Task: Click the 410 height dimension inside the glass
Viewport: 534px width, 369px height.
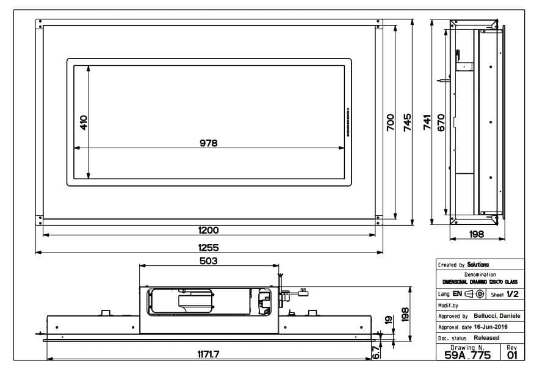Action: click(84, 122)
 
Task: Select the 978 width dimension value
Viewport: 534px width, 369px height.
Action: click(208, 143)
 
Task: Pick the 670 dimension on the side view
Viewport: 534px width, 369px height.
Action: click(441, 122)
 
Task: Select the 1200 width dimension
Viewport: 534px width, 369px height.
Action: click(208, 230)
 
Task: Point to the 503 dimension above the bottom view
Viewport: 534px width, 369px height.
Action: click(208, 260)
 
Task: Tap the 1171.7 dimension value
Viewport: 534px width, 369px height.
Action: click(208, 354)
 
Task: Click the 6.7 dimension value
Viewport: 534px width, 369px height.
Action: click(377, 352)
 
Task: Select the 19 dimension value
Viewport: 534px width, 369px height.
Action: click(388, 320)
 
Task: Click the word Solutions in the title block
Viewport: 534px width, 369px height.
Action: click(478, 265)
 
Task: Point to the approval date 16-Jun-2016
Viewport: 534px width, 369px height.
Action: click(491, 327)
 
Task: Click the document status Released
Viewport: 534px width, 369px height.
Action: click(486, 337)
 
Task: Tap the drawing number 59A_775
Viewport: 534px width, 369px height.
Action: click(467, 356)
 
